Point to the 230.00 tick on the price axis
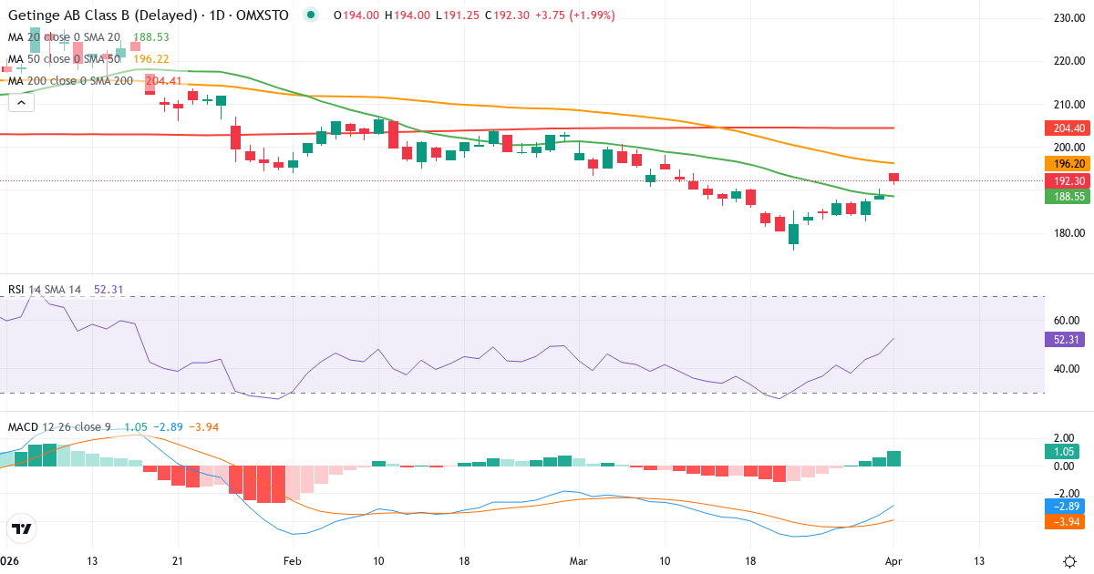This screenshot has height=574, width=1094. pos(1068,18)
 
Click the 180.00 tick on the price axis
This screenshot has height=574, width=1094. pos(1068,233)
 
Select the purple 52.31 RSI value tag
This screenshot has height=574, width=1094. pos(1062,339)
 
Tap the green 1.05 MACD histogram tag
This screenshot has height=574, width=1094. pos(1062,451)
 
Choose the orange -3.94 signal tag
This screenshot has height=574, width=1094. pos(1062,521)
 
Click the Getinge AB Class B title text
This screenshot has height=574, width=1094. pos(101,15)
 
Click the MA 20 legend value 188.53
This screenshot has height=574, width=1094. pos(151,37)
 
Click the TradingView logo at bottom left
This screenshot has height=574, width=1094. pos(22,528)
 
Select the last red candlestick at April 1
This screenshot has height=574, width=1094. pos(894,178)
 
